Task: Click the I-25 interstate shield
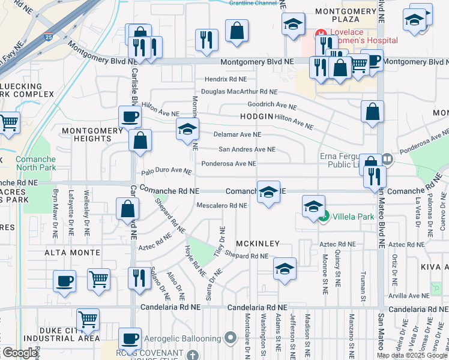tap(48, 37)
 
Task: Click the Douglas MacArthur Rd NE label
tap(239, 92)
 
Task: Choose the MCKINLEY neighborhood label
tap(258, 244)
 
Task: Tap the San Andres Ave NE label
tap(247, 149)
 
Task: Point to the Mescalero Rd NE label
tap(222, 206)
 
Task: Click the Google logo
tap(20, 353)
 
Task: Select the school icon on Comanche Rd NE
tap(268, 192)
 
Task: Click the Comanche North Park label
tap(35, 163)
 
